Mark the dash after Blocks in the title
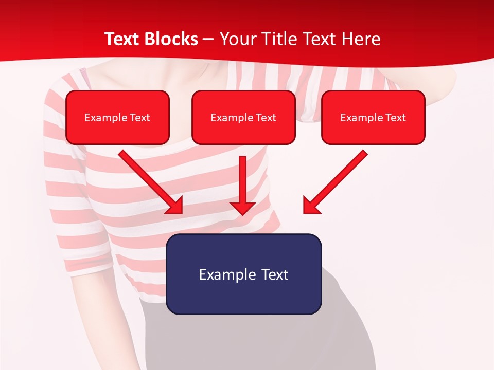point(208,40)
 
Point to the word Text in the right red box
point(396,118)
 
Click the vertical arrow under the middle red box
point(242,180)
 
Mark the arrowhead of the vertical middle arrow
point(242,208)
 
